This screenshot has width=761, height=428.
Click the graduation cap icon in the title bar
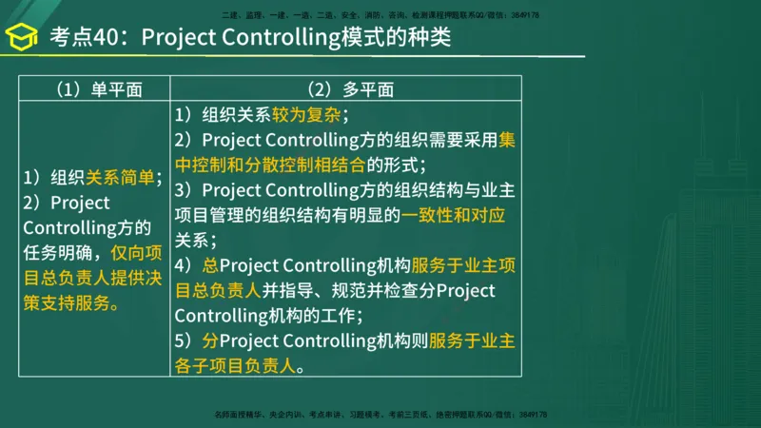click(22, 39)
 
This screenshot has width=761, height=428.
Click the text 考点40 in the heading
click(80, 39)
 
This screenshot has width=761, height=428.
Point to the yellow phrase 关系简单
click(120, 177)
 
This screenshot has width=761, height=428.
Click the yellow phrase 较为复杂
click(306, 115)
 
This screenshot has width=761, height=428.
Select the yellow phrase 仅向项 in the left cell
click(137, 253)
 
